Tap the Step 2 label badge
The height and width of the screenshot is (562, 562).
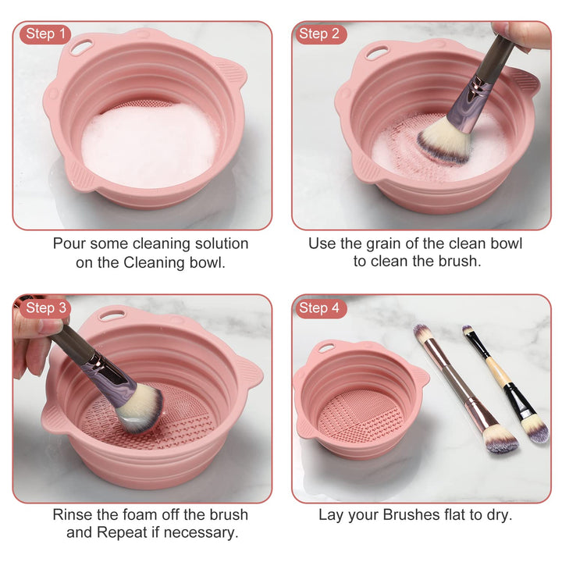(319, 34)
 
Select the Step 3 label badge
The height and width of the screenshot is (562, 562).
(44, 308)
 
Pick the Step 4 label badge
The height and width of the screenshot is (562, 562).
(319, 308)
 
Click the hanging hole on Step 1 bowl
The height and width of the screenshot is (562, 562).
(81, 48)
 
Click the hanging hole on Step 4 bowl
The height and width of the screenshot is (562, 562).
(326, 346)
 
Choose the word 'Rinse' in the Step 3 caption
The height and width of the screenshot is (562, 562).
(73, 514)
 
